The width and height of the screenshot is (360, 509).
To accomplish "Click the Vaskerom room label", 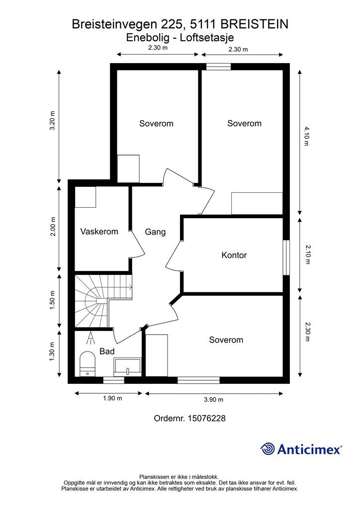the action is click(99, 232).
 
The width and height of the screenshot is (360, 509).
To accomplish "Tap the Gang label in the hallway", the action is click(155, 232).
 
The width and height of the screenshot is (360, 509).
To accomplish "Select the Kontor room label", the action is click(234, 255).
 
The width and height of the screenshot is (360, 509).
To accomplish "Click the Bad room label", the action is click(107, 351).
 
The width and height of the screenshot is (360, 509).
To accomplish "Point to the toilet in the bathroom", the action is click(88, 364).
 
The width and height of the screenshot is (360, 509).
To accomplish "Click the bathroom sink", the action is click(127, 367).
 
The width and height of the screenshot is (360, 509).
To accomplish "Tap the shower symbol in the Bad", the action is click(90, 339).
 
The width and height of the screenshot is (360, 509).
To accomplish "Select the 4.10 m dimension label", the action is click(306, 136).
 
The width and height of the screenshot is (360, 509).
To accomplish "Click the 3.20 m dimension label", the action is click(52, 120).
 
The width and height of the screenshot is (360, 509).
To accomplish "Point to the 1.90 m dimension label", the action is click(113, 398).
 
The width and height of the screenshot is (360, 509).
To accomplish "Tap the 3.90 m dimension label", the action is click(214, 400).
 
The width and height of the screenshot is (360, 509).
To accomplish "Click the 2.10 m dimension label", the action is click(308, 254).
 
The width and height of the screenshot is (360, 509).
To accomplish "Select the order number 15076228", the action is click(206, 418).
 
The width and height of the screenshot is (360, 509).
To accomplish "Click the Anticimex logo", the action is click(301, 449).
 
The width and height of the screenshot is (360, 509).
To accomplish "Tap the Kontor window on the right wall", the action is click(286, 258).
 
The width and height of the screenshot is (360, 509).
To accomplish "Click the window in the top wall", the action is click(218, 67).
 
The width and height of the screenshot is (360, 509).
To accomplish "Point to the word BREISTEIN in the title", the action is click(254, 24).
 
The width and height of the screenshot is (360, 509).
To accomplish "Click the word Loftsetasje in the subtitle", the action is click(207, 38).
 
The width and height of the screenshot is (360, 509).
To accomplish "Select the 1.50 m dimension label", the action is click(52, 300).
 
